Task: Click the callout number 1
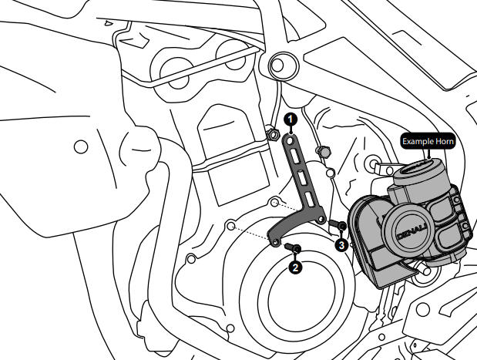[290, 119]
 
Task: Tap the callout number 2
[294, 267]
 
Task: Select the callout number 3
[341, 244]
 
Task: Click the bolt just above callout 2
[293, 247]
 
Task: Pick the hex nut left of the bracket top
[272, 136]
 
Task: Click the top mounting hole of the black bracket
[290, 139]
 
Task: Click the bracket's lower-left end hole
[275, 243]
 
